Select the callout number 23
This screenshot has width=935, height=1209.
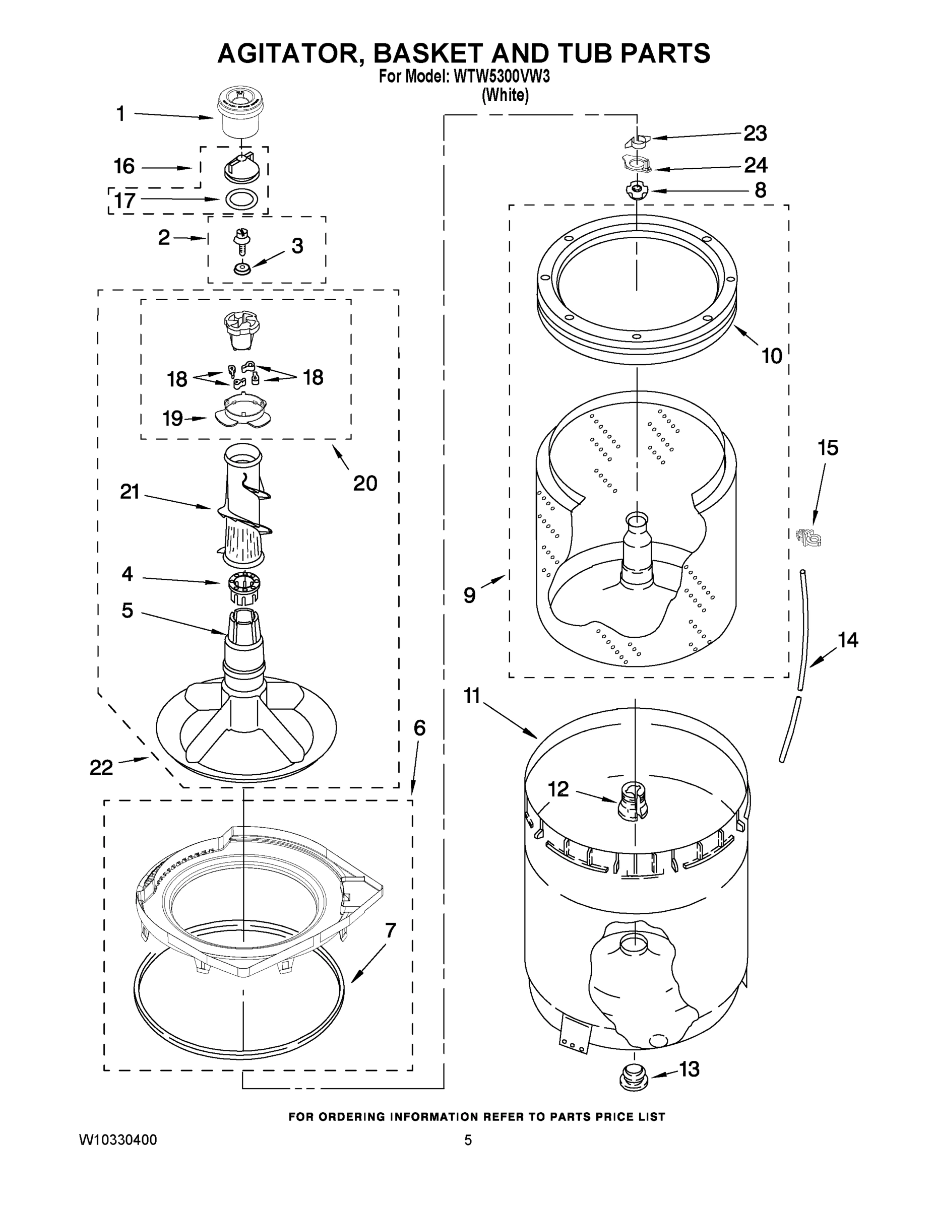click(x=755, y=133)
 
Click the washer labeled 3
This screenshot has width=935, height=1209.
click(x=242, y=268)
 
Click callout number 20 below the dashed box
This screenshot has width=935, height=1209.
click(x=365, y=483)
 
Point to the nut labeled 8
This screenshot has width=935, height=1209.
click(x=636, y=190)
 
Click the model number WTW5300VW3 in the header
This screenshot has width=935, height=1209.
click(x=502, y=77)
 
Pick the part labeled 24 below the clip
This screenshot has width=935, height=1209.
click(x=635, y=164)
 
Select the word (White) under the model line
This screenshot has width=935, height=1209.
click(x=505, y=95)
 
